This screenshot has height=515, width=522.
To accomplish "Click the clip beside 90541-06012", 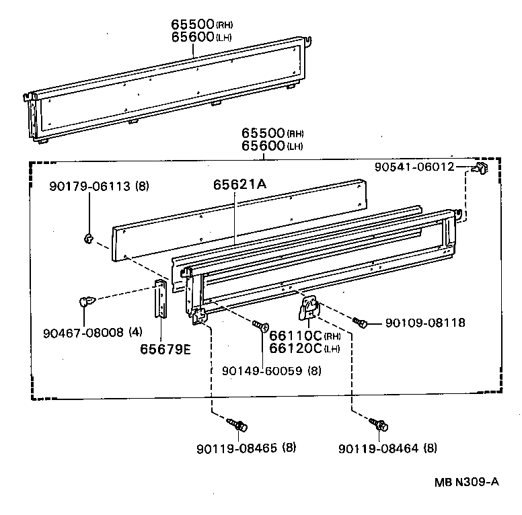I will click(479, 168).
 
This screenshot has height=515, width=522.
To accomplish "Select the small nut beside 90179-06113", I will click(88, 237).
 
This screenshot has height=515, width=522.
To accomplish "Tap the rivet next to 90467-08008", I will click(85, 303).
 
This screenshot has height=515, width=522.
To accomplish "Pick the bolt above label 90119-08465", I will click(237, 424).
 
